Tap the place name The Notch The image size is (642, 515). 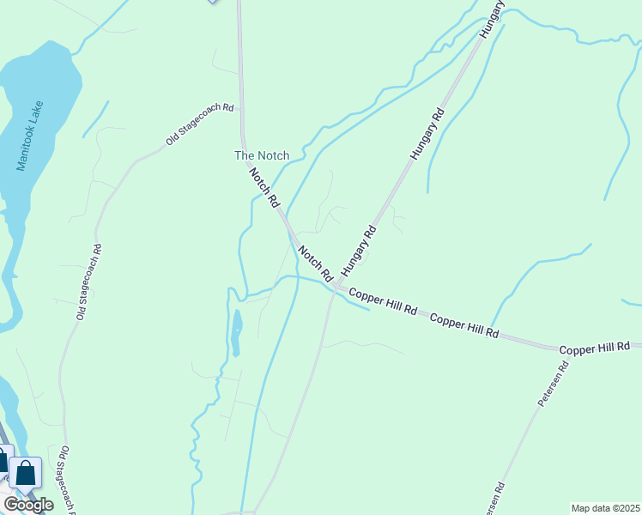coord(262,155)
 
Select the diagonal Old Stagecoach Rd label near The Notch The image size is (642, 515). coord(201,123)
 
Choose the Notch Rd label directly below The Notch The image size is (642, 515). coord(264,187)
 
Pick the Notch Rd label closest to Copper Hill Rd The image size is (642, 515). coord(315,264)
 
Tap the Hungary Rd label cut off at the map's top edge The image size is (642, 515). coord(488,17)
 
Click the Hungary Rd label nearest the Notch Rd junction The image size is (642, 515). coord(359,251)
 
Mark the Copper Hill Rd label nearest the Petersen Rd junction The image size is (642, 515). coord(595,348)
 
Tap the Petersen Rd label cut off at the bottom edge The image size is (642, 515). coord(496,499)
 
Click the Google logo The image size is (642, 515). coord(28,505)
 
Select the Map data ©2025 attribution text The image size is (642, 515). coord(605,508)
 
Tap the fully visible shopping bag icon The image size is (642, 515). coord(26,473)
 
